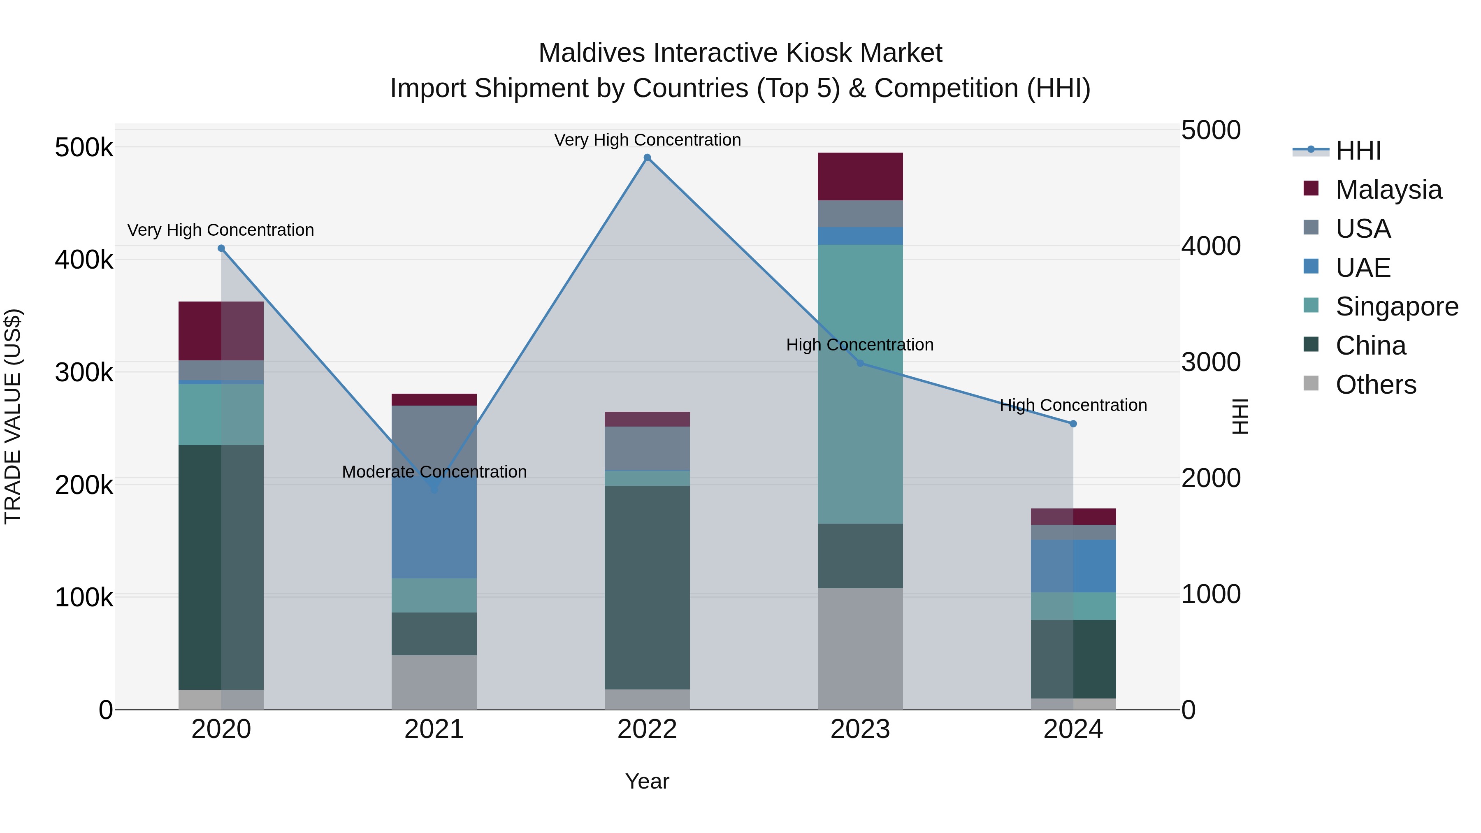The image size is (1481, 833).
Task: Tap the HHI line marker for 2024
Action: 1073,424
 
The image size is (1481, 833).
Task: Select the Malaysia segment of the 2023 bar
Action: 860,176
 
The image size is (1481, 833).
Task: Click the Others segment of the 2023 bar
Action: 860,648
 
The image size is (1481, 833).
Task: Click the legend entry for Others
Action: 1375,385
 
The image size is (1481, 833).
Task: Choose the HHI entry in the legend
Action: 1358,151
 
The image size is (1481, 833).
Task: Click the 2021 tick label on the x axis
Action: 434,729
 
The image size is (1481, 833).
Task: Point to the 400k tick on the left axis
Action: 84,260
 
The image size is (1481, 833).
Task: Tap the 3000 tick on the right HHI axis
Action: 1211,362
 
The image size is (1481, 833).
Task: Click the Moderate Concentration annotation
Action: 434,471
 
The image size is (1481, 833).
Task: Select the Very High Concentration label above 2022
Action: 648,140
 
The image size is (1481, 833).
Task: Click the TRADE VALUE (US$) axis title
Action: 13,416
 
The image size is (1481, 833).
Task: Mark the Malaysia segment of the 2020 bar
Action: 221,331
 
